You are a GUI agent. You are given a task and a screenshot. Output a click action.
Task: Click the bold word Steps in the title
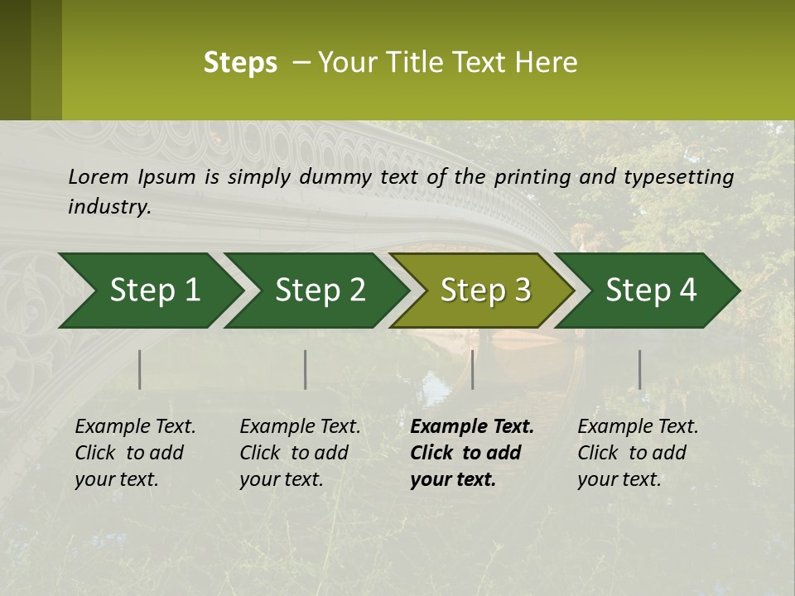point(240,63)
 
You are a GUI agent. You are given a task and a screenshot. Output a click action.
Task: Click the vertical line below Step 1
point(140,369)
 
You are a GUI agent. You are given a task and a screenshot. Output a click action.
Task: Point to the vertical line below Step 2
point(306,369)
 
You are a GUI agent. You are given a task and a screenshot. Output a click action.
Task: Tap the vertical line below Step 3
point(473,369)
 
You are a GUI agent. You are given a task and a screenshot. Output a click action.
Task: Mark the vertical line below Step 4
point(640,369)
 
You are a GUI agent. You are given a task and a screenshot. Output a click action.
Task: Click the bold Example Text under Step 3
point(472,427)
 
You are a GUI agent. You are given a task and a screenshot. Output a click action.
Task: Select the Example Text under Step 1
point(135,427)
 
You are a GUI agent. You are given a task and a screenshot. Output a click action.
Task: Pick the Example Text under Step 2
point(300,427)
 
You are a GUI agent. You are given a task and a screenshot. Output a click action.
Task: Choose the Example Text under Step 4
point(638,427)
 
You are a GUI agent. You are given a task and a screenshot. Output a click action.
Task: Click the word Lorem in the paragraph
point(99,176)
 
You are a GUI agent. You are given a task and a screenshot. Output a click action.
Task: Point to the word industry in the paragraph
point(109,206)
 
